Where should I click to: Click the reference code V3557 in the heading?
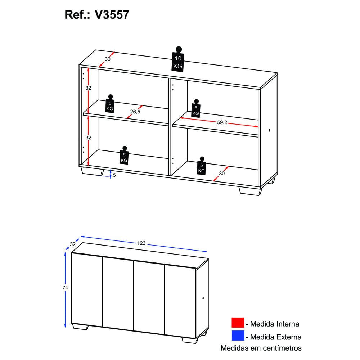point(112,15)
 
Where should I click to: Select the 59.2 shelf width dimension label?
point(222,122)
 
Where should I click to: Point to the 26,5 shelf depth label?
point(135,112)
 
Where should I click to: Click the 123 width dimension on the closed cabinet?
point(141,243)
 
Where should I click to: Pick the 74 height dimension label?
point(65,288)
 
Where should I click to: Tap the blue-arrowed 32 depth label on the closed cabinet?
point(73,244)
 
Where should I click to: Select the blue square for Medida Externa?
point(238,337)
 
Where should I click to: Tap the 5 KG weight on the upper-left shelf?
point(110,105)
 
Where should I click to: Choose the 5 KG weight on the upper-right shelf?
point(196,109)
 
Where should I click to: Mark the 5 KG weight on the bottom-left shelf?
point(124,157)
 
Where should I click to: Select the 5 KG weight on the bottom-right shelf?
point(201,167)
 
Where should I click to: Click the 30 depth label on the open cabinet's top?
point(107,59)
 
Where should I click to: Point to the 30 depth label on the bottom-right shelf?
point(222,174)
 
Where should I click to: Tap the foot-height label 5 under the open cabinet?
point(114,175)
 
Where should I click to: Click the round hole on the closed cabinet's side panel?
point(203,298)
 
